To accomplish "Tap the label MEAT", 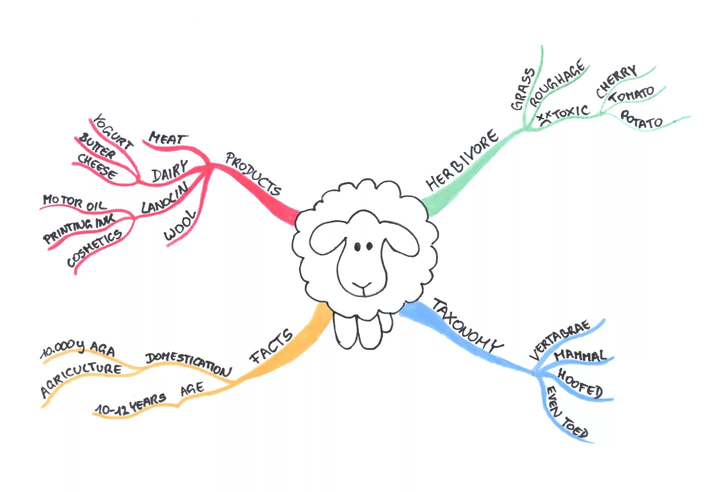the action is click(x=168, y=138).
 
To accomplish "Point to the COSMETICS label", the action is click(x=94, y=247).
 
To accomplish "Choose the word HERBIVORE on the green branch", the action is click(x=462, y=159).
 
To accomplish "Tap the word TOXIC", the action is click(x=570, y=112).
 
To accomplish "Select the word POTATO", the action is click(x=641, y=119).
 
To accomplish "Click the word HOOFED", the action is click(x=580, y=383).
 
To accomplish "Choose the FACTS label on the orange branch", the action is click(x=271, y=346).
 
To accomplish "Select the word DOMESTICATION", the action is click(x=188, y=363).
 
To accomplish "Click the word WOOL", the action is click(x=180, y=226).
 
